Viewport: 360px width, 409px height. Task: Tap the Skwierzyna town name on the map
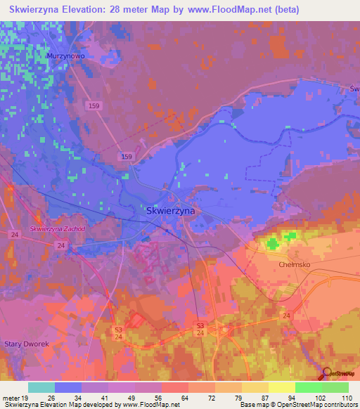[x=171, y=210]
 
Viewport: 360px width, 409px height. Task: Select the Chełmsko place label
[x=295, y=265]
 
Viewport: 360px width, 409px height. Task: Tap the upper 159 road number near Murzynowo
[x=94, y=105]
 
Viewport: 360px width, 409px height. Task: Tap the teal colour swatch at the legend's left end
[x=41, y=387]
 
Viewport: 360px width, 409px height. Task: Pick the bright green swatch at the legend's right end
[x=335, y=387]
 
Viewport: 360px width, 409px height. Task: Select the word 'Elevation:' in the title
[x=99, y=10]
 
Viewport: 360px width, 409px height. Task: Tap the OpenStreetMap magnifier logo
[x=326, y=374]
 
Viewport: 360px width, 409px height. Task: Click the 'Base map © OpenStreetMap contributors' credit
[x=297, y=405]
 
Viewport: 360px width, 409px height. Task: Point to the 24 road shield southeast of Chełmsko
[x=286, y=316]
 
